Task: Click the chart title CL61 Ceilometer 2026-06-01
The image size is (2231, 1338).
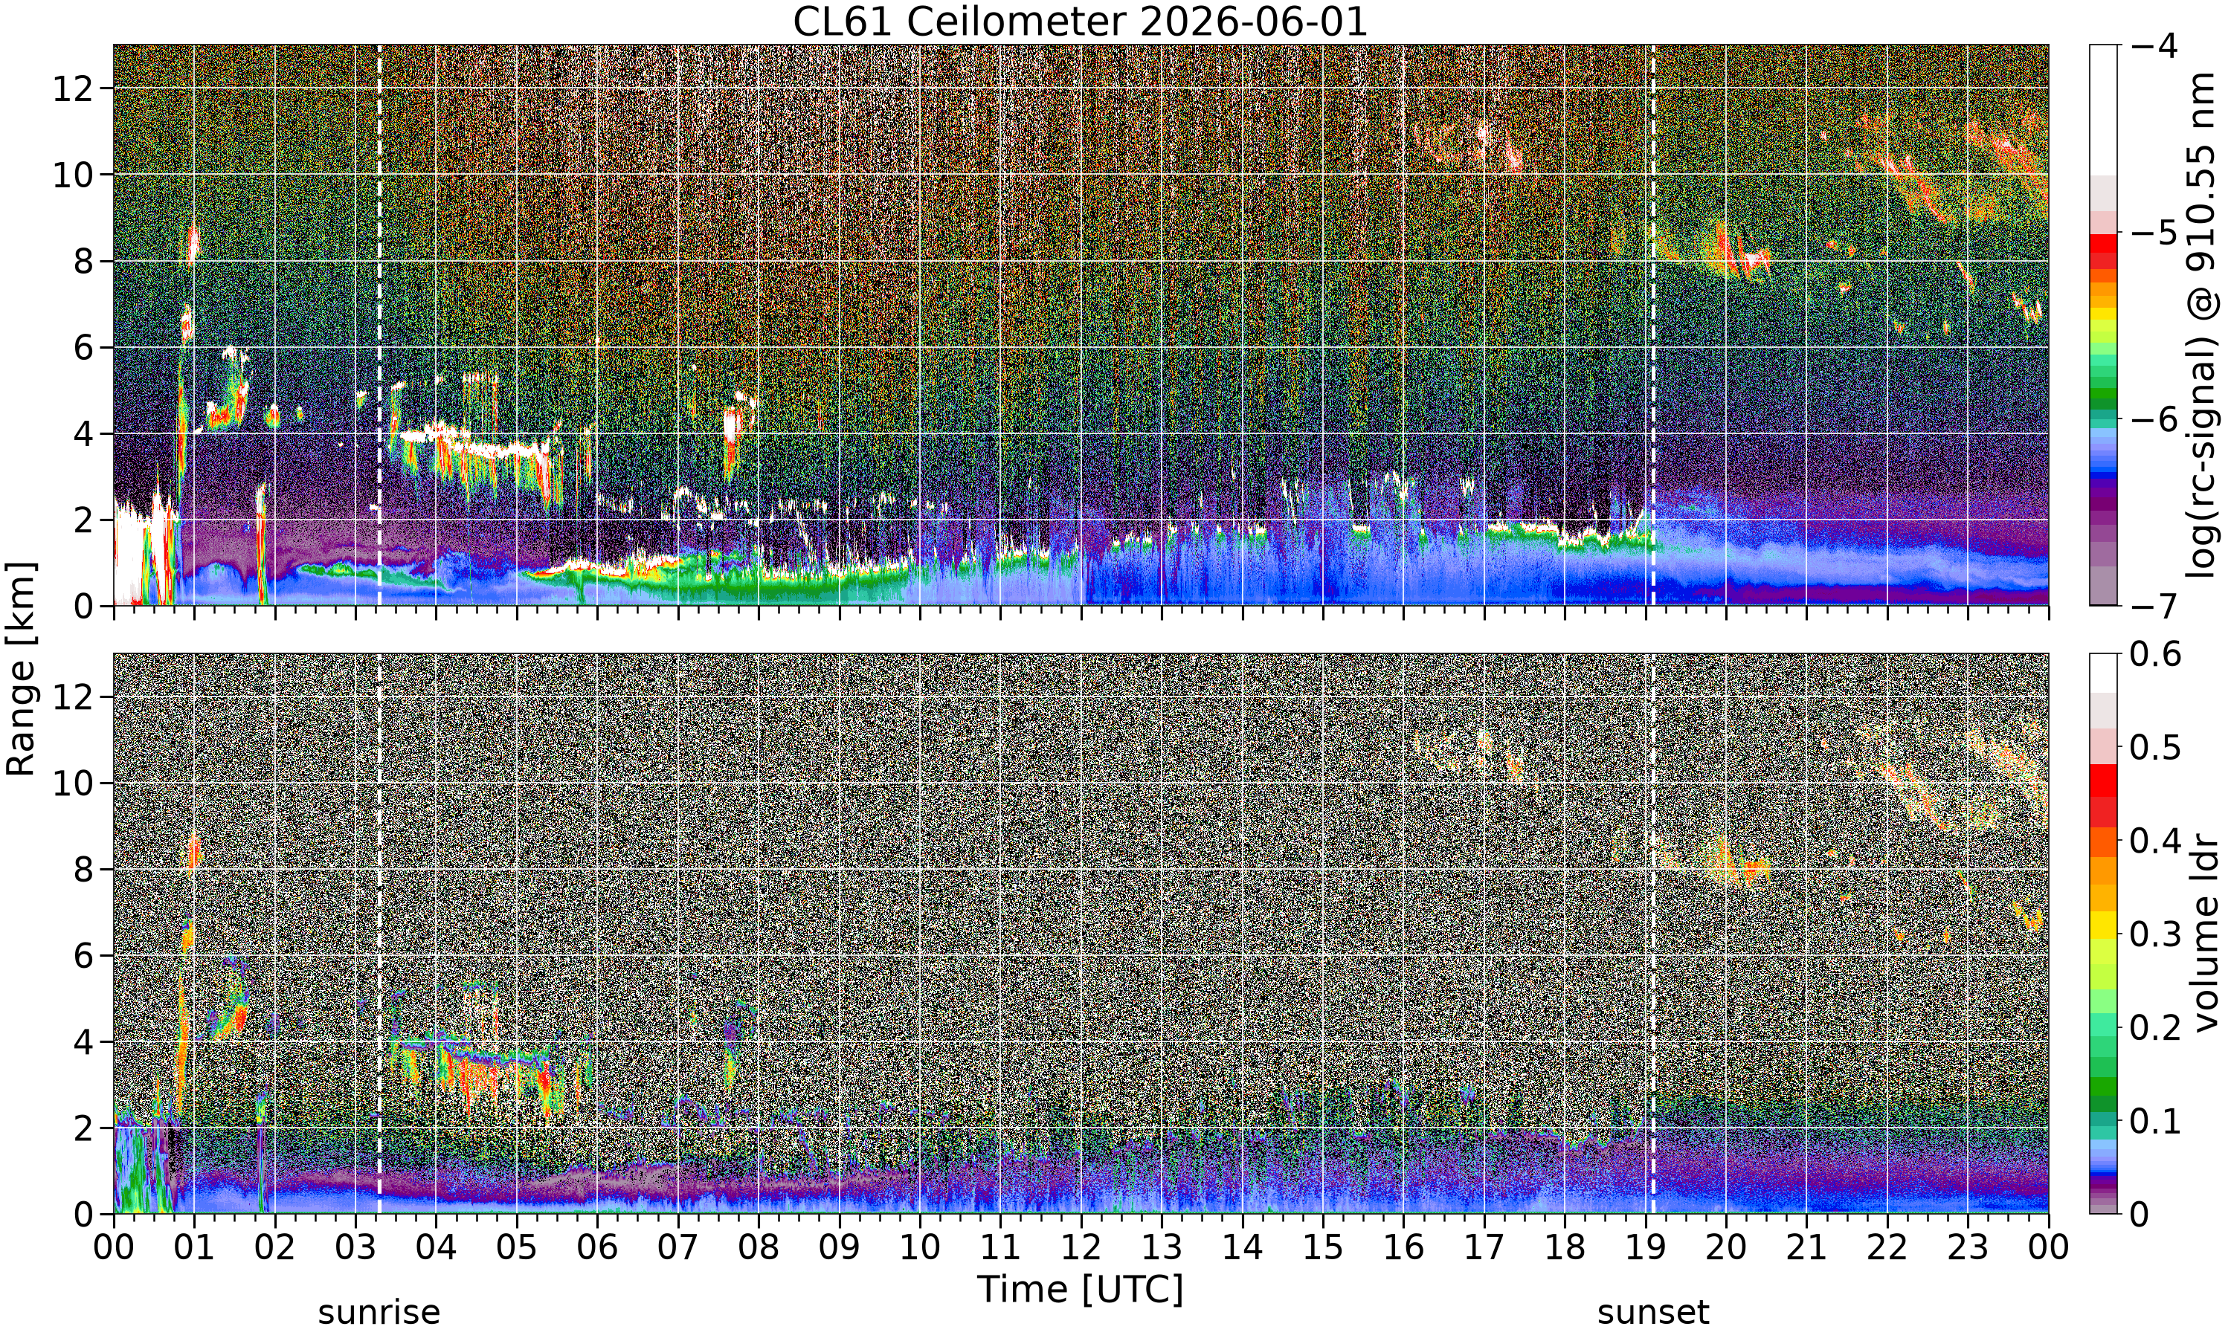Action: coord(1079,22)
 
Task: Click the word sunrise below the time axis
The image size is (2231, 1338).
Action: coord(379,1312)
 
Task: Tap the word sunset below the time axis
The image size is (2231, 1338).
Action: coord(1653,1312)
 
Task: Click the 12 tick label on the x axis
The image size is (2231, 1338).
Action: coord(1081,1248)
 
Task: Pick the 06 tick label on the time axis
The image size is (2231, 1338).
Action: coord(597,1248)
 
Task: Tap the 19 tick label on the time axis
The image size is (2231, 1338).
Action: coord(1645,1248)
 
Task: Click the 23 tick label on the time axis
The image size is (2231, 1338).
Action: coord(1968,1248)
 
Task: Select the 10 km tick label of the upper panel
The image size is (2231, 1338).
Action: coord(73,175)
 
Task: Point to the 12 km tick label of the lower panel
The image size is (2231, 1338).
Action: coord(73,697)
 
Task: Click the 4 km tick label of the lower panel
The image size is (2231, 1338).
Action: coord(84,1042)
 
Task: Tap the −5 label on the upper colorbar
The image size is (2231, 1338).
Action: coord(2155,233)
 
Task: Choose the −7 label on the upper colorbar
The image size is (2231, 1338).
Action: coord(2155,605)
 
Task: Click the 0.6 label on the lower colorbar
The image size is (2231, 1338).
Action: coord(2156,653)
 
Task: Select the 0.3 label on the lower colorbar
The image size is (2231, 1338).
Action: coord(2156,934)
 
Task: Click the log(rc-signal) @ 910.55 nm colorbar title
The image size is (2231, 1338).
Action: coord(2203,326)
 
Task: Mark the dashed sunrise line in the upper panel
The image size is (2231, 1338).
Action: coord(379,326)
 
